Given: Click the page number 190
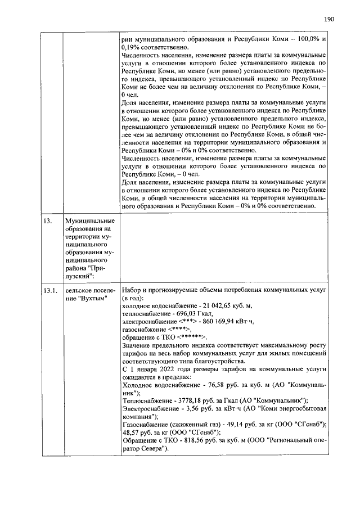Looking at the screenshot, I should tap(329, 19).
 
